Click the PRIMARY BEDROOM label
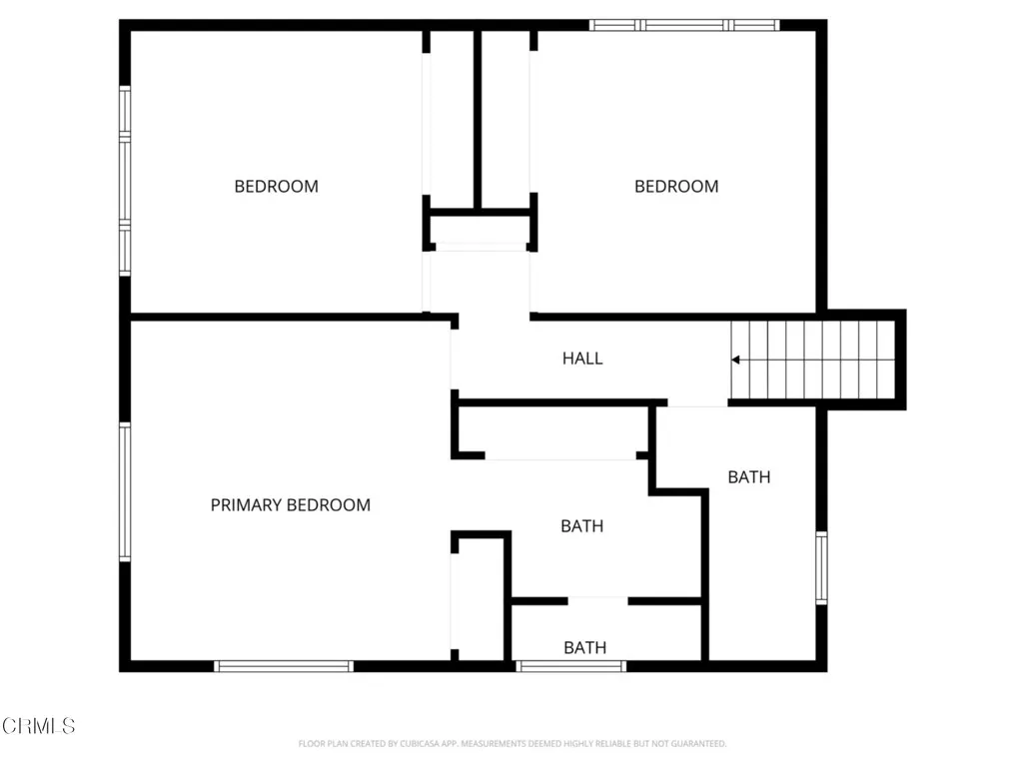point(290,505)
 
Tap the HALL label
point(582,359)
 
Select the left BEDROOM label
point(276,186)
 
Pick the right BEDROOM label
point(676,186)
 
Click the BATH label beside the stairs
point(748,477)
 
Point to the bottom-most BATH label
point(584,648)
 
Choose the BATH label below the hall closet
point(581,525)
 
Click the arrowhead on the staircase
point(736,360)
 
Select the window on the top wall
point(684,25)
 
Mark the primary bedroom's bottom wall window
point(285,665)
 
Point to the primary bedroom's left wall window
point(125,490)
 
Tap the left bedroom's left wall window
point(125,180)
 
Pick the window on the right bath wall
point(821,567)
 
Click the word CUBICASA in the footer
point(405,744)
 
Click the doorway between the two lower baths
point(598,601)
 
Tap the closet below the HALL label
point(555,431)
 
